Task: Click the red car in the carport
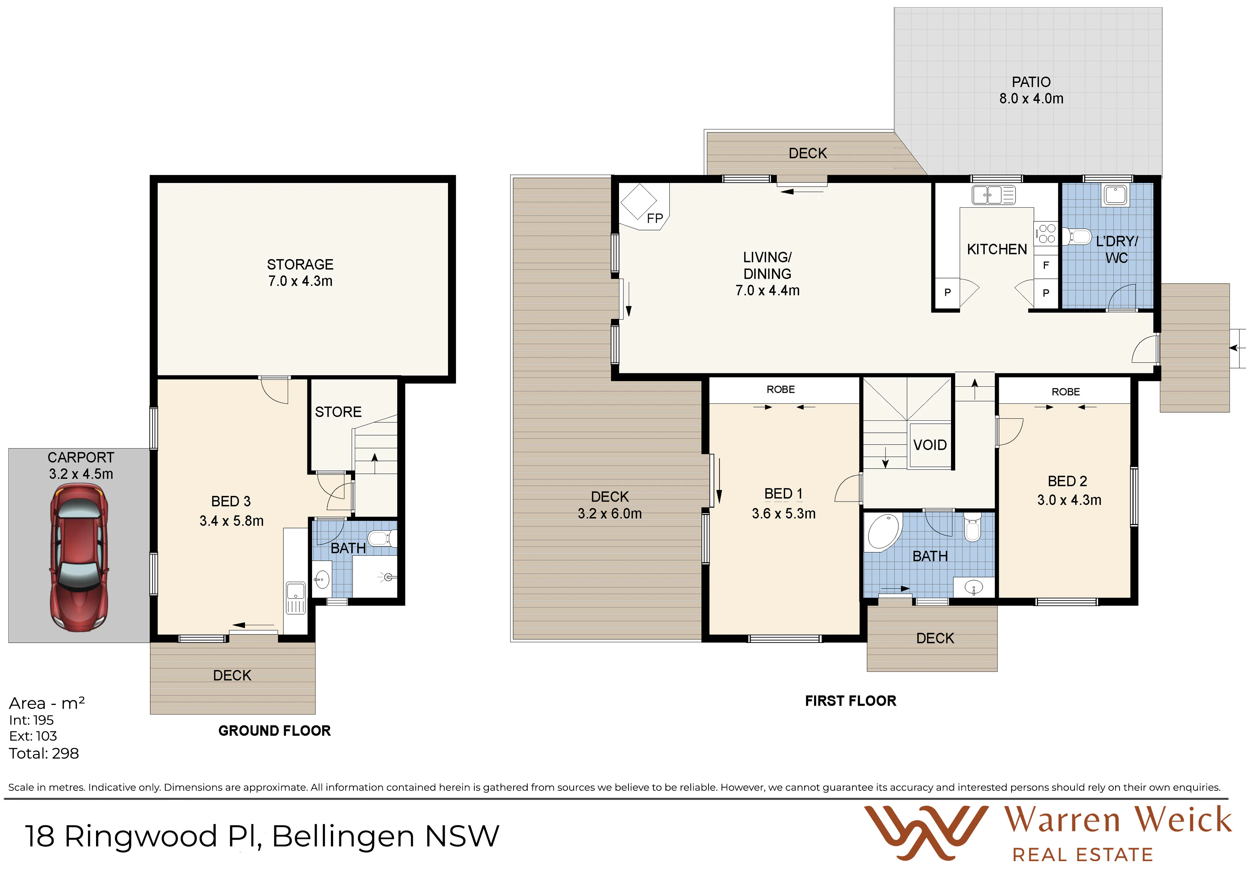point(79,558)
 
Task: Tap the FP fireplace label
point(655,218)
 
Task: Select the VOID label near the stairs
point(930,445)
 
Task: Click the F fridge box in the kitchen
point(1046,265)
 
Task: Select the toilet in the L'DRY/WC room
point(1077,237)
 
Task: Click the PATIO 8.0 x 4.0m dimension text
point(1031,99)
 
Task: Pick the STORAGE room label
point(300,264)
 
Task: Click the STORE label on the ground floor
point(338,412)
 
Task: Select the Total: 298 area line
point(44,753)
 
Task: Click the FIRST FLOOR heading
point(850,701)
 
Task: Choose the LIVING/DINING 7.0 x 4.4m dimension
point(767,290)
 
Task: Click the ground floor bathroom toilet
point(382,539)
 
